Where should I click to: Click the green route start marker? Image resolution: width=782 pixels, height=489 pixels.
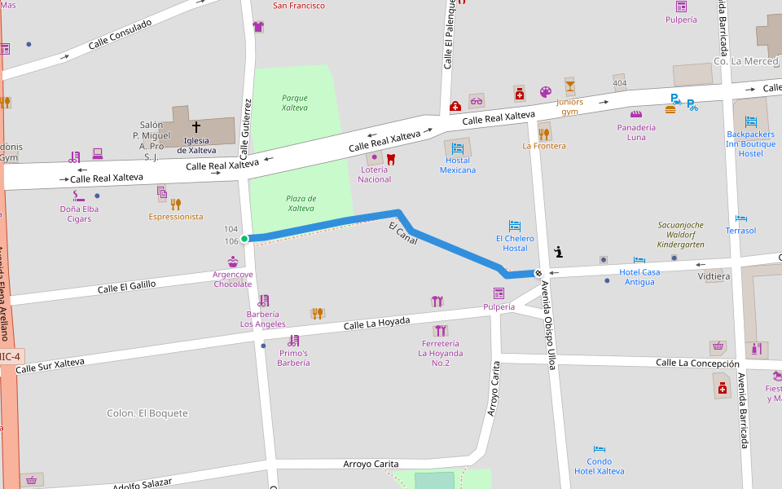(244, 239)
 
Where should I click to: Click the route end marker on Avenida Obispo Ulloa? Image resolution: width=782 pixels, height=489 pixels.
(538, 273)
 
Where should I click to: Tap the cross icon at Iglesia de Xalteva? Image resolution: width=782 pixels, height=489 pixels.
(195, 126)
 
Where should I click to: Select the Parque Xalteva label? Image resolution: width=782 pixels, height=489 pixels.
(294, 102)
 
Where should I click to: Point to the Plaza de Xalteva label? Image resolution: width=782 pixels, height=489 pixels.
(301, 203)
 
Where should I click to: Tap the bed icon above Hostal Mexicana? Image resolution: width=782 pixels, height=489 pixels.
(458, 148)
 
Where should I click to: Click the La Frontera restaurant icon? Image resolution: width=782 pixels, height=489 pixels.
(543, 133)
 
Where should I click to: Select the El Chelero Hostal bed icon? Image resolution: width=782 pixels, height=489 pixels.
(515, 226)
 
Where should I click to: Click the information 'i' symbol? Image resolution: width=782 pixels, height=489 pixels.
(558, 251)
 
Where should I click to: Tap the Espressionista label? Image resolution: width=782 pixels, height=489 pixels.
(176, 217)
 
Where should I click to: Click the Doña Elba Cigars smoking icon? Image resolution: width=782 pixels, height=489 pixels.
(78, 196)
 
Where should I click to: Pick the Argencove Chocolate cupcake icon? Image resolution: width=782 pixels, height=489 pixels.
(233, 262)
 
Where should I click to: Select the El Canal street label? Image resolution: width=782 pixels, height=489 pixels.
(403, 233)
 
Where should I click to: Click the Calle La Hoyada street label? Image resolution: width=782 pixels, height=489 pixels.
(376, 324)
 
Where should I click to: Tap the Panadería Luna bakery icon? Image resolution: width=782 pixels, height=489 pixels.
(636, 114)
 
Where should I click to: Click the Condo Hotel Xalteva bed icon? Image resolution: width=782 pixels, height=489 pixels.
(600, 448)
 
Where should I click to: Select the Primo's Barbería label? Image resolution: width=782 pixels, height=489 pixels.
(293, 358)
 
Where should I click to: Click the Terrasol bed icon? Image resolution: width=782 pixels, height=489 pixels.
(740, 218)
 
